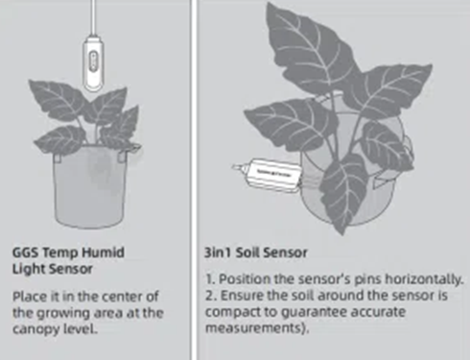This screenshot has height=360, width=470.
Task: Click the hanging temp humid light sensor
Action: tap(93, 64)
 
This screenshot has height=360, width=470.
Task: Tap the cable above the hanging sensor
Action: tap(93, 18)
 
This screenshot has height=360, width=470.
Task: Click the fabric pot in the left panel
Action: tap(89, 185)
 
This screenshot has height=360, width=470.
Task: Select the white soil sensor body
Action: tap(274, 175)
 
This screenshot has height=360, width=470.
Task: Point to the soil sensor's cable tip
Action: tap(235, 166)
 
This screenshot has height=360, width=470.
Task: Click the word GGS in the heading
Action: tap(25, 252)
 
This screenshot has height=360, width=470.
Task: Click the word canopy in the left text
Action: tap(35, 329)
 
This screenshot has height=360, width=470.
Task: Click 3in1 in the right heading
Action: tap(218, 252)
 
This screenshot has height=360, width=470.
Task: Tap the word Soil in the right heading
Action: tap(247, 252)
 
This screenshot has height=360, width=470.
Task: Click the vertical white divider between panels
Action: tap(194, 180)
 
